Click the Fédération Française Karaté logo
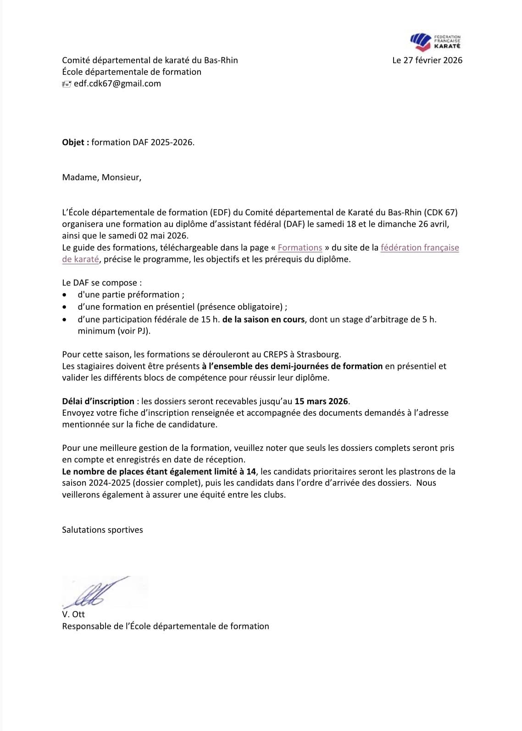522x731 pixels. pos(435,42)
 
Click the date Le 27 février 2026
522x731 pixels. pos(427,60)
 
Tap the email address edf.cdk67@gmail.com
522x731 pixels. pos(117,83)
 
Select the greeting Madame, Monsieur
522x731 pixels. pos(101,177)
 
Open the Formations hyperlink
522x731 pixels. pos(300,247)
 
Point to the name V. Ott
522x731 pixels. pos(73,614)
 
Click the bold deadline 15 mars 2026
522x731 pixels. pos(321,401)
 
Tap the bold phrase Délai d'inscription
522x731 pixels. pos(98,401)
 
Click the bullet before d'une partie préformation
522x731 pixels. pos(67,295)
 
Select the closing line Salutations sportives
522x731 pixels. pos(102,530)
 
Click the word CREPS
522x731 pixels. pos(275,354)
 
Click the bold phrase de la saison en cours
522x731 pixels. pos(263,319)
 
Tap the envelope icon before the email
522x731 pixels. pos(67,84)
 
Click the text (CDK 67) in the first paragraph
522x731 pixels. pos(441,212)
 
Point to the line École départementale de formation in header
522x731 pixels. pos(132,71)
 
